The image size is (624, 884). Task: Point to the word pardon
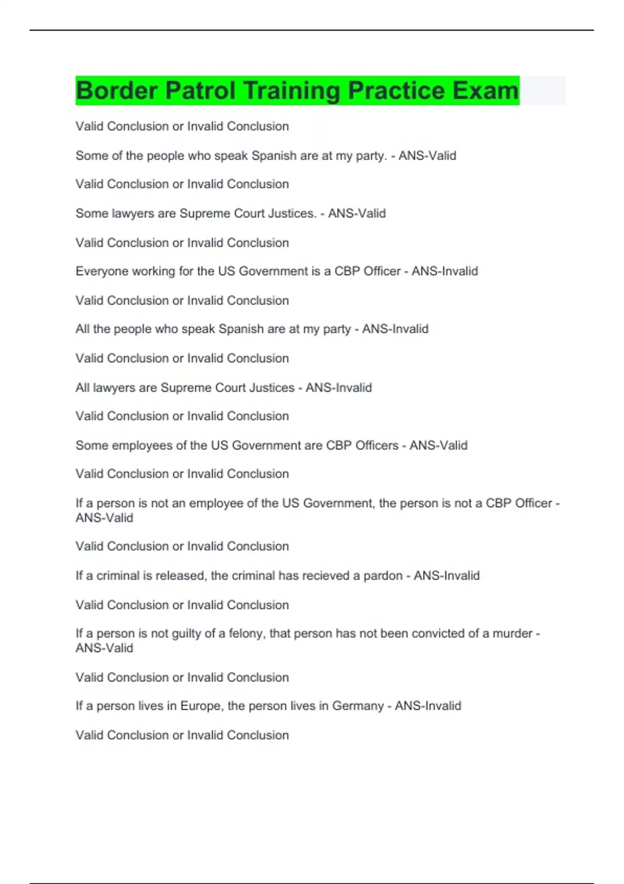[383, 576]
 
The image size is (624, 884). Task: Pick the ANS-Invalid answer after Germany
[428, 706]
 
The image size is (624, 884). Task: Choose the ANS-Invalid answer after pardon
[447, 576]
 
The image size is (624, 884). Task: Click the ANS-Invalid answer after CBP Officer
[445, 271]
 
